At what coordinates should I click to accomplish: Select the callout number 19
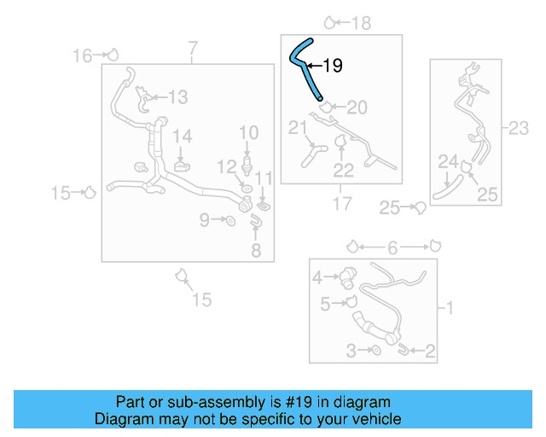(x=333, y=66)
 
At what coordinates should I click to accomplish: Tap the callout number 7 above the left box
(x=193, y=49)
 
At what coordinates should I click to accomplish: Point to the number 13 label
(x=178, y=97)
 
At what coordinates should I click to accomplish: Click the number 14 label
(x=182, y=136)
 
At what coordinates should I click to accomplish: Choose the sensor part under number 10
(x=247, y=166)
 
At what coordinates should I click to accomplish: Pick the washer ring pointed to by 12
(x=247, y=189)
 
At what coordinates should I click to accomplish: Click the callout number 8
(x=256, y=251)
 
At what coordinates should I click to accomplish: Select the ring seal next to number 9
(x=230, y=220)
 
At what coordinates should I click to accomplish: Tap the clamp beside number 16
(x=113, y=55)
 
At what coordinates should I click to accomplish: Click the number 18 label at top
(x=361, y=23)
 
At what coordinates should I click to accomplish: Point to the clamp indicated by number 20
(x=326, y=107)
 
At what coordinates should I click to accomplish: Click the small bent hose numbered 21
(x=312, y=156)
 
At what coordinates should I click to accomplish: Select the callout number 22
(x=343, y=171)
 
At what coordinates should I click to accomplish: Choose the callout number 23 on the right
(x=519, y=128)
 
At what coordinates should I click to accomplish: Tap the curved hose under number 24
(x=447, y=188)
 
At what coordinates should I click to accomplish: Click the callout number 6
(x=392, y=248)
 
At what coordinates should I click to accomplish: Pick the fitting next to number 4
(x=348, y=277)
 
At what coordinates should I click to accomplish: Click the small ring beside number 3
(x=376, y=350)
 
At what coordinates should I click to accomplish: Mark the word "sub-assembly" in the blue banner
(x=216, y=402)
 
